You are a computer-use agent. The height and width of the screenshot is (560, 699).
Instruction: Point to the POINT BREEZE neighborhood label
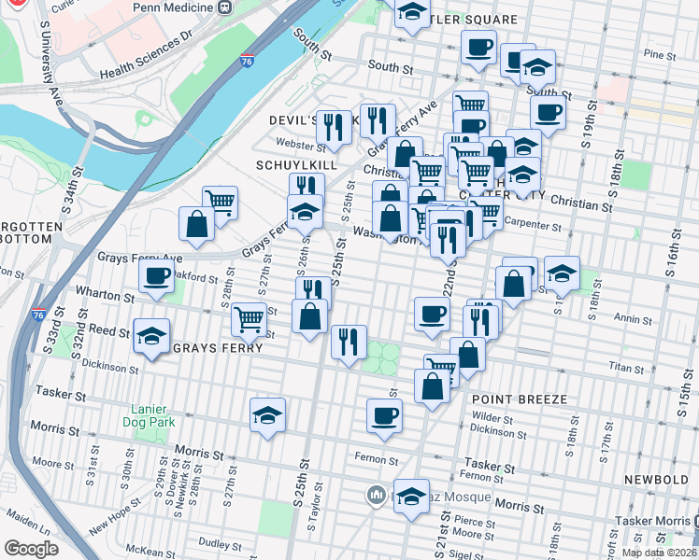pyautogui.click(x=518, y=399)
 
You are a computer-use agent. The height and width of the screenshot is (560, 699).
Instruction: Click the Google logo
pyautogui.click(x=32, y=548)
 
